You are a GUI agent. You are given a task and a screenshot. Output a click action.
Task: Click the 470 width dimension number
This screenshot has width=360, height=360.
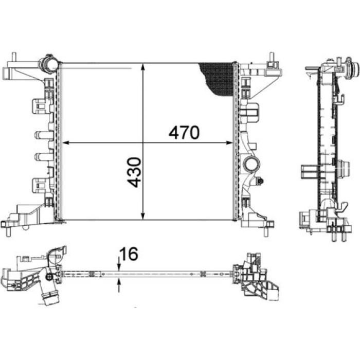184,133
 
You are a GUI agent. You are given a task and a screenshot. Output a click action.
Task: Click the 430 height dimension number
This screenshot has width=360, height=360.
134,172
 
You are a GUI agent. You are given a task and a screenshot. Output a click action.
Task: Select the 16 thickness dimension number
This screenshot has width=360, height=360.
129,254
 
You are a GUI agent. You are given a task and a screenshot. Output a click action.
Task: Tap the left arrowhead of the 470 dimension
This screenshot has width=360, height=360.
66,143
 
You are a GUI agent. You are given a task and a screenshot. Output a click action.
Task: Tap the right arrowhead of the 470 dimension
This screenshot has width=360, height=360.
229,143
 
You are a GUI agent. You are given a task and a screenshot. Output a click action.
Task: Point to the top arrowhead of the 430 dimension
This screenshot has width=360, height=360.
143,66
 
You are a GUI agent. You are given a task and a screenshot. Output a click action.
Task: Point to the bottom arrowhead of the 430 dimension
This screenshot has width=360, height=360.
143,216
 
